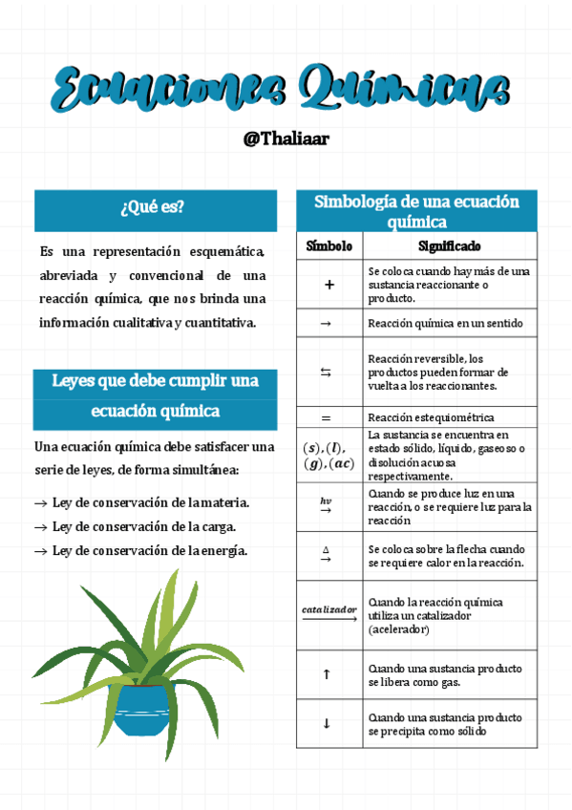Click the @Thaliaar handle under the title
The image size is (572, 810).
coord(286,139)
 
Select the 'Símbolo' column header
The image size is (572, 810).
coord(328,246)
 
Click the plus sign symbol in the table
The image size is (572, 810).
coord(328,285)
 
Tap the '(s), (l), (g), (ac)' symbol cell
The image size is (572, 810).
coord(328,456)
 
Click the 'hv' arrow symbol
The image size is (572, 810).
coord(326,505)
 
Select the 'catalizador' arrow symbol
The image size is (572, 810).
coord(328,612)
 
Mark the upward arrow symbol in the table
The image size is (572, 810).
coord(327,674)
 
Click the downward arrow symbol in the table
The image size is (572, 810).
coord(327,723)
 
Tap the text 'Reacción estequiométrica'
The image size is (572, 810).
coord(431,418)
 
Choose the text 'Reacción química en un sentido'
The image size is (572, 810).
coord(445,324)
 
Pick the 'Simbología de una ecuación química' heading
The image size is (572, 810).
coord(416,211)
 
